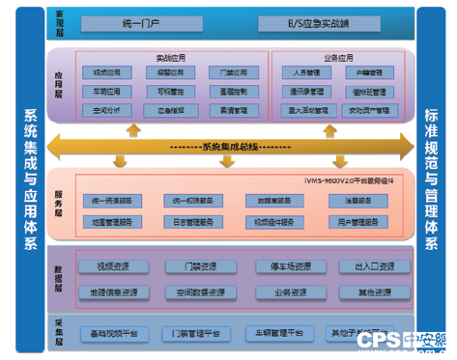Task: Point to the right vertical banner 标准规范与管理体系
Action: click(432, 180)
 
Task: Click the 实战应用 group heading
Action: click(169, 57)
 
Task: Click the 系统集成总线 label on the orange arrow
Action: click(232, 147)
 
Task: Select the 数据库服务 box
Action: click(276, 201)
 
